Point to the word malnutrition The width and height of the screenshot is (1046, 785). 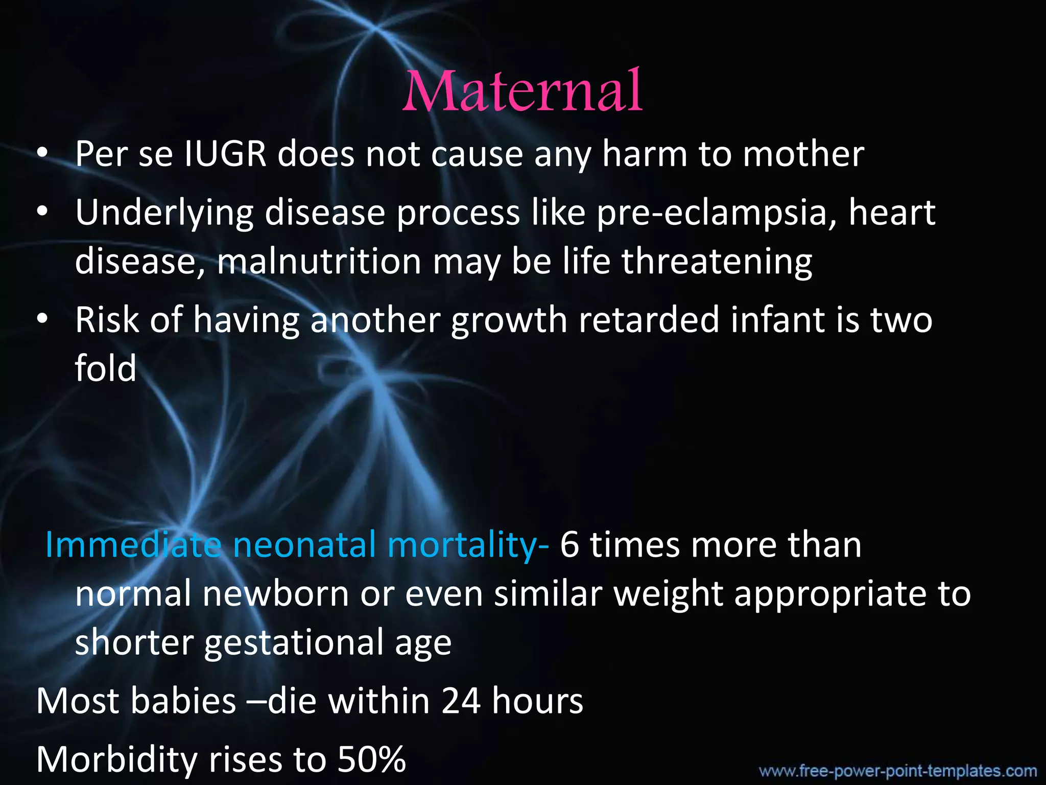click(319, 261)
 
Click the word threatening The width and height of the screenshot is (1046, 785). click(717, 261)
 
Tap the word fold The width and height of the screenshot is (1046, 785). click(106, 368)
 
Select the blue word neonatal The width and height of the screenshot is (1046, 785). click(304, 545)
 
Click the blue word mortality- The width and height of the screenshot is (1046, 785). click(468, 545)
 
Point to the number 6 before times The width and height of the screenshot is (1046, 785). click(569, 545)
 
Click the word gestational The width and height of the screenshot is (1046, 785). click(294, 642)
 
